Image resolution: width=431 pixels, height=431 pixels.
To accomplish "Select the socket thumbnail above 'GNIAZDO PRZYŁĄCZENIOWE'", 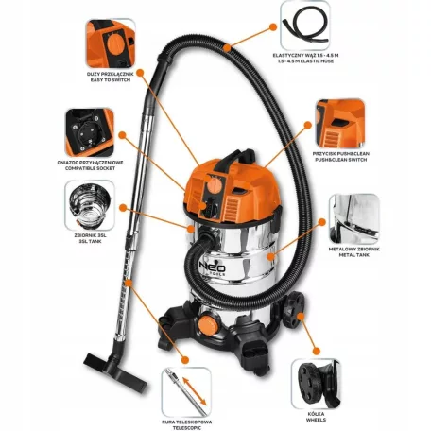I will pyautogui.click(x=91, y=131).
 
